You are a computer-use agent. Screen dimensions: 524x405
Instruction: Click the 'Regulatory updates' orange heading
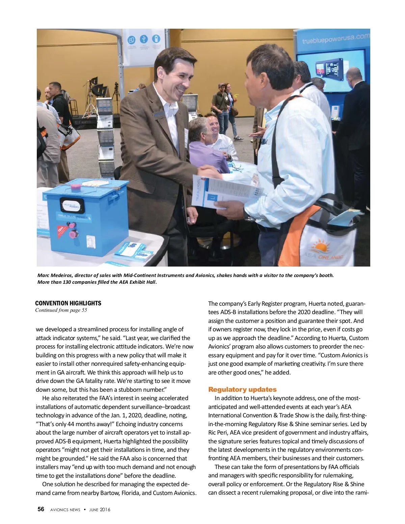pos(242,389)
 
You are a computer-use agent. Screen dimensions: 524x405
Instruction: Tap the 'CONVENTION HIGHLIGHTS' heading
pos(68,303)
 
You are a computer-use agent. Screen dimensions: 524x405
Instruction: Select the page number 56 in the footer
pos(41,509)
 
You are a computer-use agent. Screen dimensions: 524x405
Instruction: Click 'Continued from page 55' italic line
pos(61,310)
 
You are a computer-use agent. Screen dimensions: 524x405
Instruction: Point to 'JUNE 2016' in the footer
pos(100,509)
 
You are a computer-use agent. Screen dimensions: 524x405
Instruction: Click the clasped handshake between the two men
pos(207,171)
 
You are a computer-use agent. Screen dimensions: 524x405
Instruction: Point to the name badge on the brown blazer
pos(158,114)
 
